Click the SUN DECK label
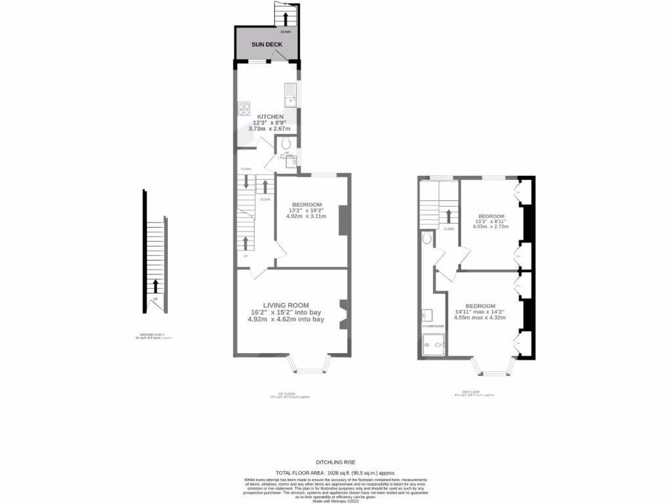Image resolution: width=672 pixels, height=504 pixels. click(266, 45)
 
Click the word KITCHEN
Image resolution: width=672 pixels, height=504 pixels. click(270, 117)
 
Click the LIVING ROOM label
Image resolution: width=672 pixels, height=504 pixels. click(285, 305)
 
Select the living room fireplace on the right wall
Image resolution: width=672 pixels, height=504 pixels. click(343, 314)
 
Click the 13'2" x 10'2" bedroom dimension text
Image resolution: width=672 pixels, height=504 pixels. click(306, 210)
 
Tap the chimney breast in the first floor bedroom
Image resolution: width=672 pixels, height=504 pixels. click(342, 220)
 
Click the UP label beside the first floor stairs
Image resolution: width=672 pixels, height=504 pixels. click(245, 256)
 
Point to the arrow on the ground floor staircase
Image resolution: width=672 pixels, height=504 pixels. click(156, 285)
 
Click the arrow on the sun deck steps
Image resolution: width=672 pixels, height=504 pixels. click(285, 18)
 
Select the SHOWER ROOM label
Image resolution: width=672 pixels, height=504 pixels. click(433, 326)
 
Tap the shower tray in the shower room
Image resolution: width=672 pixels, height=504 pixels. click(433, 343)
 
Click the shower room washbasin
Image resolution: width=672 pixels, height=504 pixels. click(427, 315)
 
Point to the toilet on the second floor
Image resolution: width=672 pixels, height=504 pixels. click(427, 238)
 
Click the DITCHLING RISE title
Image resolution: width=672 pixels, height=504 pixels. click(335, 462)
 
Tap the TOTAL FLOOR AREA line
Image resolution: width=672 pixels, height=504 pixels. click(335, 472)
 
